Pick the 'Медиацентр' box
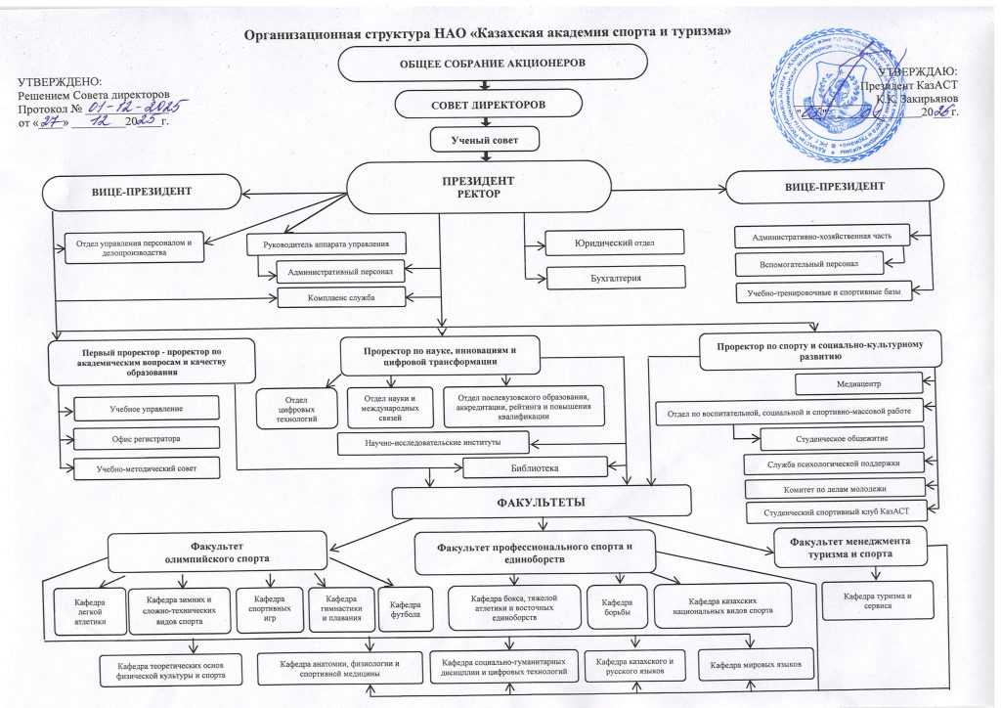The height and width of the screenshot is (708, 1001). (x=858, y=383)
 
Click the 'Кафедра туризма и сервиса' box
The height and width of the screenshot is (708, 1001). (x=876, y=600)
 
